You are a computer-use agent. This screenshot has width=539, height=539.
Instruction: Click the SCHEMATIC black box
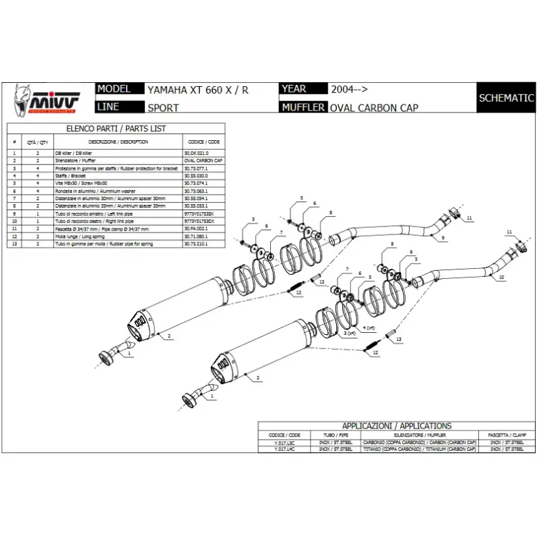(506, 98)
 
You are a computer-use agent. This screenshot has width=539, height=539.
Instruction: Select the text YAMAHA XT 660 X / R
(193, 89)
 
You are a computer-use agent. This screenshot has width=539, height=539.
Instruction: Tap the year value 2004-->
(349, 89)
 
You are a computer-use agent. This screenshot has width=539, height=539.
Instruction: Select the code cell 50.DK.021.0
(197, 154)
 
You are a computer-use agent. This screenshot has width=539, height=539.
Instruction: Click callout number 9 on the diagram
(443, 239)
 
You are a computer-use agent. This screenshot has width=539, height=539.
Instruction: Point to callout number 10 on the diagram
(502, 277)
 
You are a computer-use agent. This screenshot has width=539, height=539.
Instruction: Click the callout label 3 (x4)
(350, 333)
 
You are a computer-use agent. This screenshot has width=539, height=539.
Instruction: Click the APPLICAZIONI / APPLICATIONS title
(396, 426)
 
